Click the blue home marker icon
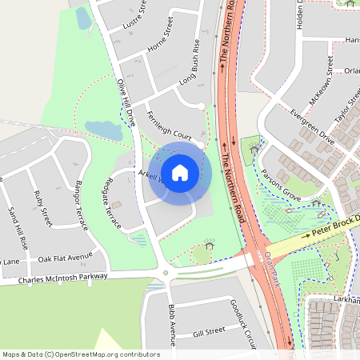pyautogui.click(x=180, y=171)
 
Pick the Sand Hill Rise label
pyautogui.click(x=16, y=226)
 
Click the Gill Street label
pyautogui.click(x=210, y=331)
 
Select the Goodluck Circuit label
pyautogui.click(x=241, y=323)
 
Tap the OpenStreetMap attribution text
pyautogui.click(x=81, y=354)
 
